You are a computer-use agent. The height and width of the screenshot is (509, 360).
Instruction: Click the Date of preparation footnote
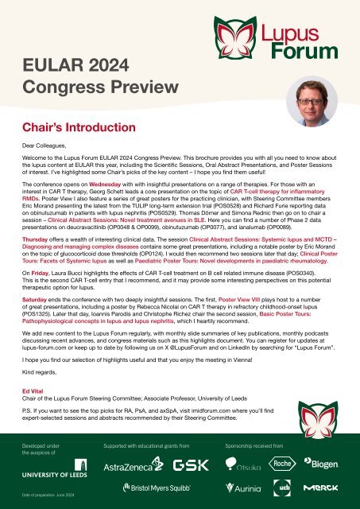[x=48, y=496]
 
